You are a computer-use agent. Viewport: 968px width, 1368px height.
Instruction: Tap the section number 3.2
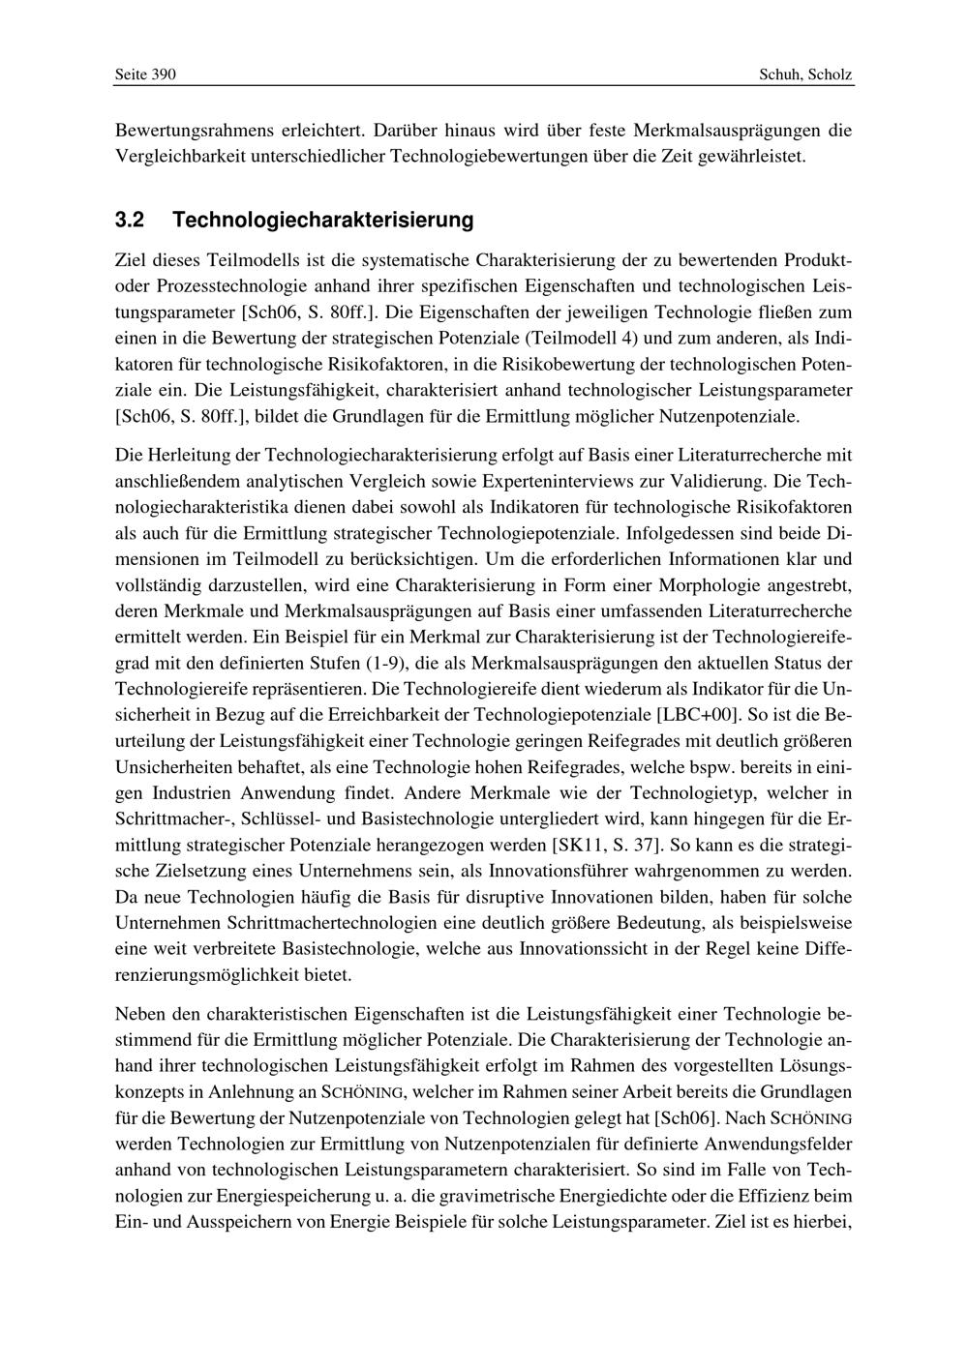129,221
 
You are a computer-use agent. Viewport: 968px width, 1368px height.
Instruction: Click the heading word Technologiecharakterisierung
323,221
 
